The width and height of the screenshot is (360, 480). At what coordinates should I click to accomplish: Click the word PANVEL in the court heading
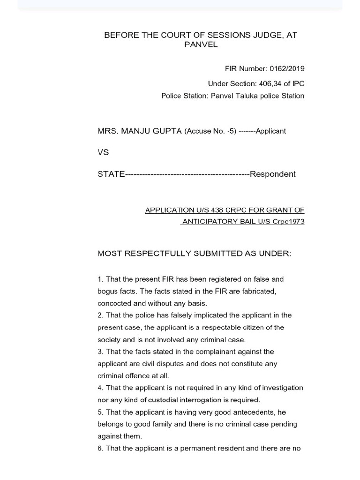click(201, 45)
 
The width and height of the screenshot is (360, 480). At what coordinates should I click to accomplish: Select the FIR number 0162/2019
click(287, 68)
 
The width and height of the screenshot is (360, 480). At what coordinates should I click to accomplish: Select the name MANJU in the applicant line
click(138, 131)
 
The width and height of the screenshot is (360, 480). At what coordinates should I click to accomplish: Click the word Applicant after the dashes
click(270, 131)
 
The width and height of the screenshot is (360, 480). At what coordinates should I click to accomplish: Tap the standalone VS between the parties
click(103, 152)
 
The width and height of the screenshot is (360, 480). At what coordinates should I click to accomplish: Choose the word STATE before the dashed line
click(111, 174)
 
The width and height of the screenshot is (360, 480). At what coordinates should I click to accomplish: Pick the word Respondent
click(272, 174)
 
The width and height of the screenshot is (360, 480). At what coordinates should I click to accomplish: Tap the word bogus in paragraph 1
click(107, 291)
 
